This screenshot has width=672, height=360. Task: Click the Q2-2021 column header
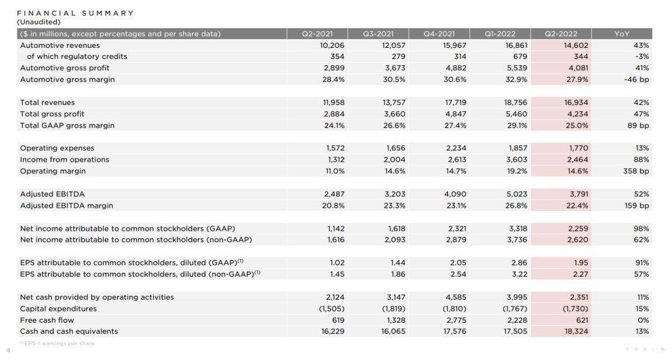tap(317, 34)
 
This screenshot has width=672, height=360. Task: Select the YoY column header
tap(622, 34)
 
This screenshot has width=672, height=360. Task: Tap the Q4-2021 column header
tap(439, 34)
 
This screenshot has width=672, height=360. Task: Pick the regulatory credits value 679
tap(520, 57)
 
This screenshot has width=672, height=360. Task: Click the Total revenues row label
tap(47, 103)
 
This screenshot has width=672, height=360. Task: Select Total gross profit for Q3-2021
tap(394, 114)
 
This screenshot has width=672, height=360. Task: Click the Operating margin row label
tap(53, 171)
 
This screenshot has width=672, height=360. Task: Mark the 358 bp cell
tap(637, 171)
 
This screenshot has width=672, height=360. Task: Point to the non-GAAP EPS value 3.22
tap(520, 274)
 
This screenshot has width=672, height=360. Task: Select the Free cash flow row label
tap(47, 320)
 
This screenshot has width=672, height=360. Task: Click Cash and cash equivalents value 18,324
tap(576, 331)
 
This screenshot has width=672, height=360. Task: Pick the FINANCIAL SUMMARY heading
tap(75, 13)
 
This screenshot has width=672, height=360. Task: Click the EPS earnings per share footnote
tap(57, 343)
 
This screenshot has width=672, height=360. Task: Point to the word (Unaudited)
tap(39, 22)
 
